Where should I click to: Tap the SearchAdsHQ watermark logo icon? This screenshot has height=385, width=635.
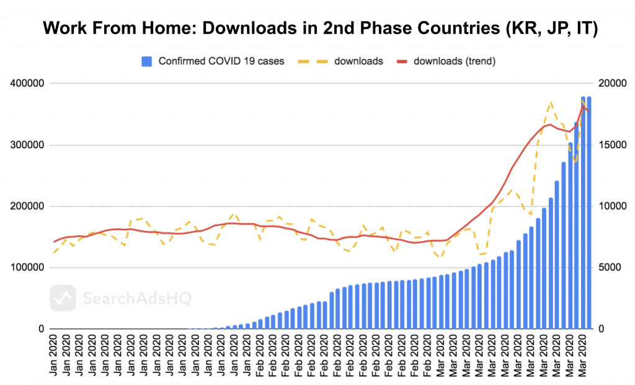(x=63, y=298)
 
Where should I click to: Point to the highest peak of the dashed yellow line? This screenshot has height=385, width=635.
(x=550, y=102)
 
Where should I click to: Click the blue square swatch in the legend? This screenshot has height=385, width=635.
(x=146, y=61)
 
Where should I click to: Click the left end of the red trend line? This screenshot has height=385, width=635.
(x=55, y=241)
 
